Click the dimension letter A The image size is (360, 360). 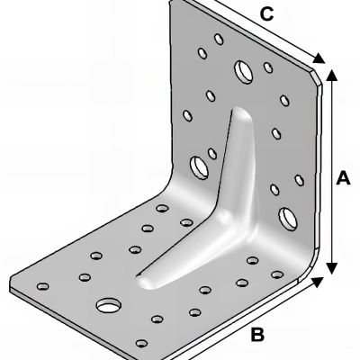tap(343, 179)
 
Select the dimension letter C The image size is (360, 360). tap(266, 13)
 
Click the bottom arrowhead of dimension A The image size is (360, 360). tap(331, 266)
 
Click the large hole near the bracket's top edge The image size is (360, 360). tap(243, 69)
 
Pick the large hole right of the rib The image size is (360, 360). tap(288, 215)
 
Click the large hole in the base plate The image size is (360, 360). tap(108, 304)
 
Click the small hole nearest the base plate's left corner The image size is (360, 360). tap(40, 287)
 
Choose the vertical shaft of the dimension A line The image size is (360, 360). tap(331, 171)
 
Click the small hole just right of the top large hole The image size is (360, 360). tap(267, 67)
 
